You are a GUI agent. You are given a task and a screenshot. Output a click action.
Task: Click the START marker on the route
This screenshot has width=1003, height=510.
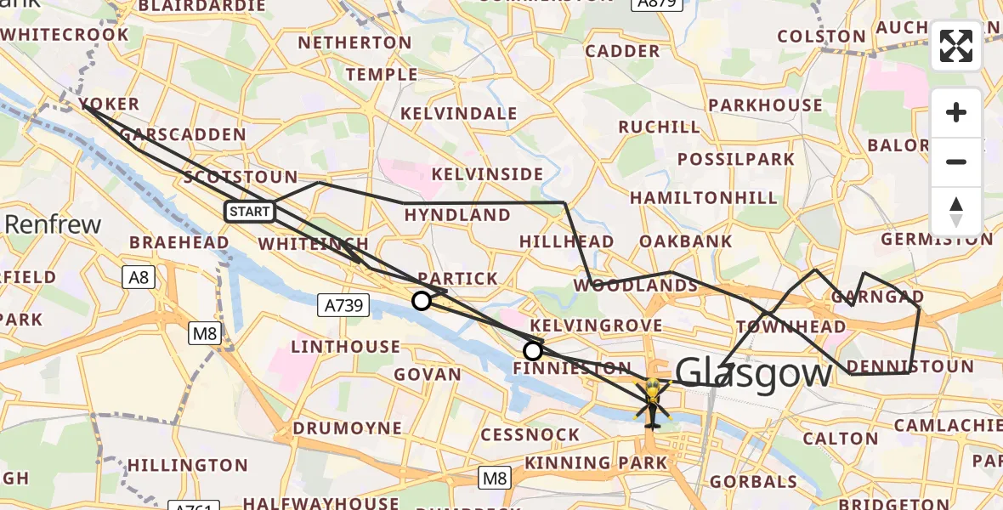[250, 212]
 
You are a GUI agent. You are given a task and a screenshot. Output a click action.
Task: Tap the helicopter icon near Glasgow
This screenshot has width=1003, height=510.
[652, 401]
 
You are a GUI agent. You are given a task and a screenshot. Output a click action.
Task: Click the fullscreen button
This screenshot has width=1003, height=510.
[956, 46]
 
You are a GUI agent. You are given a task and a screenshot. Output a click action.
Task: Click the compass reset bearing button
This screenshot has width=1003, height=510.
[956, 211]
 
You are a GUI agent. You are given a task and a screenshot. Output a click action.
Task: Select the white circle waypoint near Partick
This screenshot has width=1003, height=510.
[422, 300]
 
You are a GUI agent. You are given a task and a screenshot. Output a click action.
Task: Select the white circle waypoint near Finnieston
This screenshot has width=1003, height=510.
[533, 350]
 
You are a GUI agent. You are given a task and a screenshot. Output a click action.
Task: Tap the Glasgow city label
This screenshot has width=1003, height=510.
[754, 374]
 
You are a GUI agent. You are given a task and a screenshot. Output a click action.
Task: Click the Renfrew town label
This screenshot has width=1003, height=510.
[53, 225]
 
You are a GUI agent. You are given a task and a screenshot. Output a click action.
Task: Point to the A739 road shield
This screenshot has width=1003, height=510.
[343, 303]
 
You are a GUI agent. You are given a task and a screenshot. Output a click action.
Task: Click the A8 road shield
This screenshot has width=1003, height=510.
[138, 276]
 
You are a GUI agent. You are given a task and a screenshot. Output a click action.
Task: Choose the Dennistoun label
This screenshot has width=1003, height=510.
[911, 367]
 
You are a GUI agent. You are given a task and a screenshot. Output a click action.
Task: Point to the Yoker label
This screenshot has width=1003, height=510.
[109, 105]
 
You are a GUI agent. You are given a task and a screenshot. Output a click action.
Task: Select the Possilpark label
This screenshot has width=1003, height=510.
[736, 159]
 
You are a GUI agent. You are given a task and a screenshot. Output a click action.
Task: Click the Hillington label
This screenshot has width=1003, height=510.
[187, 465]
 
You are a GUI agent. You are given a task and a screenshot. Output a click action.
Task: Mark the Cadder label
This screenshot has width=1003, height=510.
[622, 51]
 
